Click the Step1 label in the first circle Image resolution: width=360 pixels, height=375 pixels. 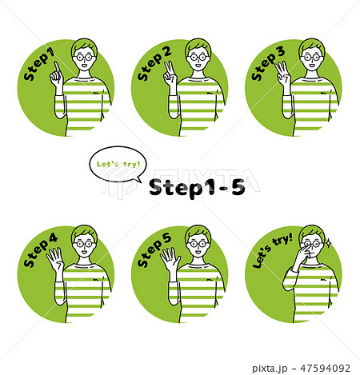pyautogui.click(x=39, y=64)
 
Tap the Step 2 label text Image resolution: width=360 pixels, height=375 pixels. pyautogui.click(x=154, y=63)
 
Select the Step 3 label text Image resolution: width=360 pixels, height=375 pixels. pyautogui.click(x=268, y=63)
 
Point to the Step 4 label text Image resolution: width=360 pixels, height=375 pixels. pyautogui.click(x=40, y=250)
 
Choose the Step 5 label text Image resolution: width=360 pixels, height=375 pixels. pyautogui.click(x=154, y=250)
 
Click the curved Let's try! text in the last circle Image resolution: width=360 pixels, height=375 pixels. pyautogui.click(x=272, y=250)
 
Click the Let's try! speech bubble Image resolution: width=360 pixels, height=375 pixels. pyautogui.click(x=118, y=165)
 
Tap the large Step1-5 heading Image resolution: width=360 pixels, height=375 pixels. pyautogui.click(x=197, y=187)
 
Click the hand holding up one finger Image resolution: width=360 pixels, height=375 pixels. pyautogui.click(x=56, y=75)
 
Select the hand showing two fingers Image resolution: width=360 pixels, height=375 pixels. pyautogui.click(x=170, y=75)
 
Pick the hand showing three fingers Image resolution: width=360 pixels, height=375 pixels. pyautogui.click(x=282, y=75)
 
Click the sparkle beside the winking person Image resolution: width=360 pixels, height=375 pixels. pyautogui.click(x=329, y=243)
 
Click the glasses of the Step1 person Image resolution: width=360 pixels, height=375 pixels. pyautogui.click(x=84, y=58)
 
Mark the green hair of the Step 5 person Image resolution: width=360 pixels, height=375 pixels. pyautogui.click(x=198, y=231)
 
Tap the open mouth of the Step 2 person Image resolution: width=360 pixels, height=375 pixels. pyautogui.click(x=198, y=65)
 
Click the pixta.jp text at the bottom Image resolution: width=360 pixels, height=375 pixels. pyautogui.click(x=270, y=369)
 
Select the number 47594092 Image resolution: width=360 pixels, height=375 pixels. pyautogui.click(x=326, y=368)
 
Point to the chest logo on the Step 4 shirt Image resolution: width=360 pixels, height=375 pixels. pyautogui.click(x=96, y=280)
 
